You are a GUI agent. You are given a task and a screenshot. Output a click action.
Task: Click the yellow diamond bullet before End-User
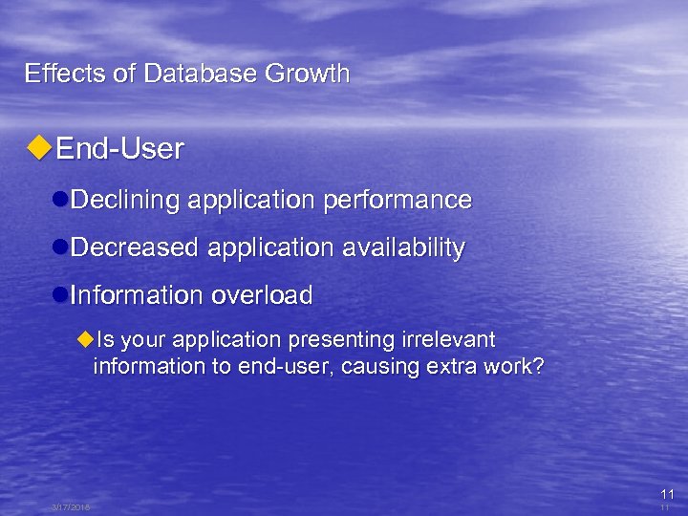(x=38, y=148)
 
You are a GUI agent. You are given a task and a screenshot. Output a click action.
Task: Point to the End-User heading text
(x=119, y=149)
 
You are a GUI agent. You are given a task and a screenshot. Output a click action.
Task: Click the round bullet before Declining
(x=60, y=200)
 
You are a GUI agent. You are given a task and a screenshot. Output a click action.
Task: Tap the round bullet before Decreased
(x=60, y=247)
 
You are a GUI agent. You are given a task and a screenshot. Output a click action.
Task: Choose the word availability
(x=402, y=247)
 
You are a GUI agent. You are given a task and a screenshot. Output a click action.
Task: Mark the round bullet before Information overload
(x=60, y=295)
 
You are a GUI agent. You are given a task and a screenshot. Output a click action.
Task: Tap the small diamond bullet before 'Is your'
(x=85, y=340)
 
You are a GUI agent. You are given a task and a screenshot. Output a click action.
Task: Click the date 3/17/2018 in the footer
(x=71, y=507)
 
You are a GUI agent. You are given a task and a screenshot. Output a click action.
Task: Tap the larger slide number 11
(x=667, y=494)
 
